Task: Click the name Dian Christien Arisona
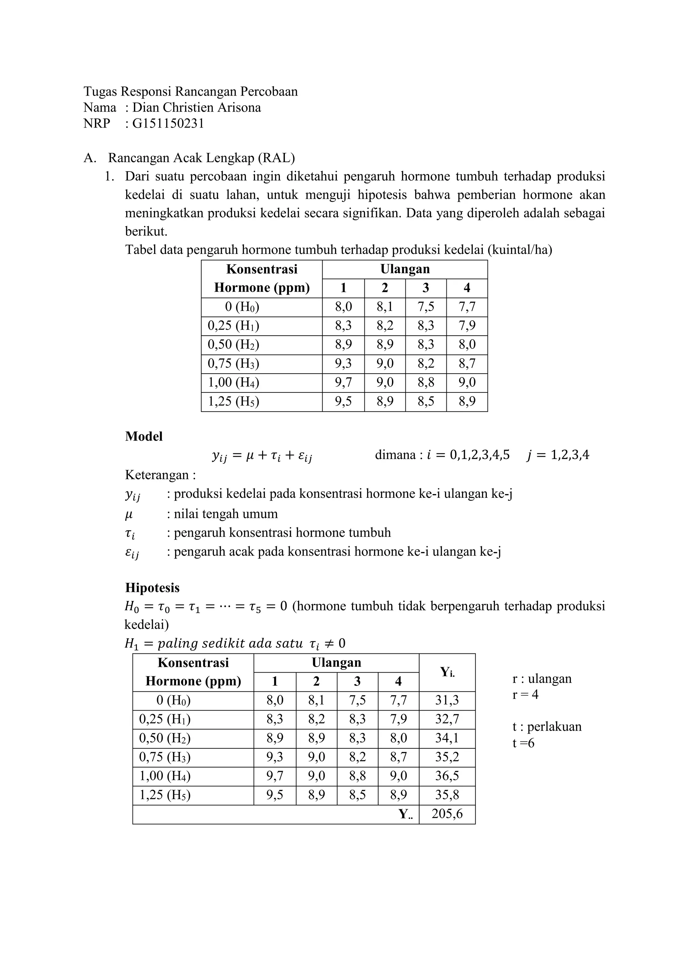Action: click(x=196, y=107)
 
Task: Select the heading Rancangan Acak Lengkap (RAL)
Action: click(x=201, y=158)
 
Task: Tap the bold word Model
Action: click(x=144, y=437)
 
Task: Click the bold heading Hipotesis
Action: click(x=152, y=588)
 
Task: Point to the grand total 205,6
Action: click(x=447, y=814)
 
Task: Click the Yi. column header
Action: click(x=447, y=672)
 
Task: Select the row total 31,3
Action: click(x=447, y=700)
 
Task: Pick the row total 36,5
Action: click(x=447, y=776)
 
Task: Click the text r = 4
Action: click(x=525, y=695)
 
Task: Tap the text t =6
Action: click(x=523, y=743)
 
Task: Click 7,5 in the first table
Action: click(x=426, y=307)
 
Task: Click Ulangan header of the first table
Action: click(x=405, y=269)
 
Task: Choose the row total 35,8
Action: click(x=447, y=794)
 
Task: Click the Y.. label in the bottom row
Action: click(x=405, y=814)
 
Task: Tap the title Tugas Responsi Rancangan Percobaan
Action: click(x=190, y=91)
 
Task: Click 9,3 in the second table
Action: click(x=275, y=757)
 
